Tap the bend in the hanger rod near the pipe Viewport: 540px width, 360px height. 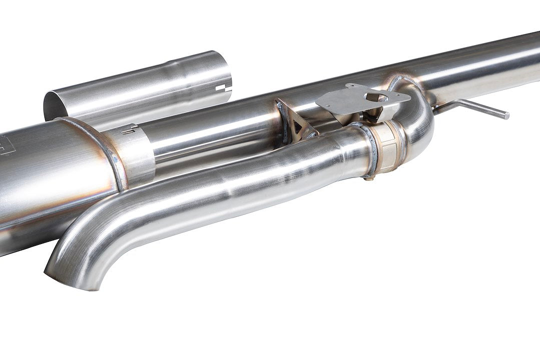pos(453,104)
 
